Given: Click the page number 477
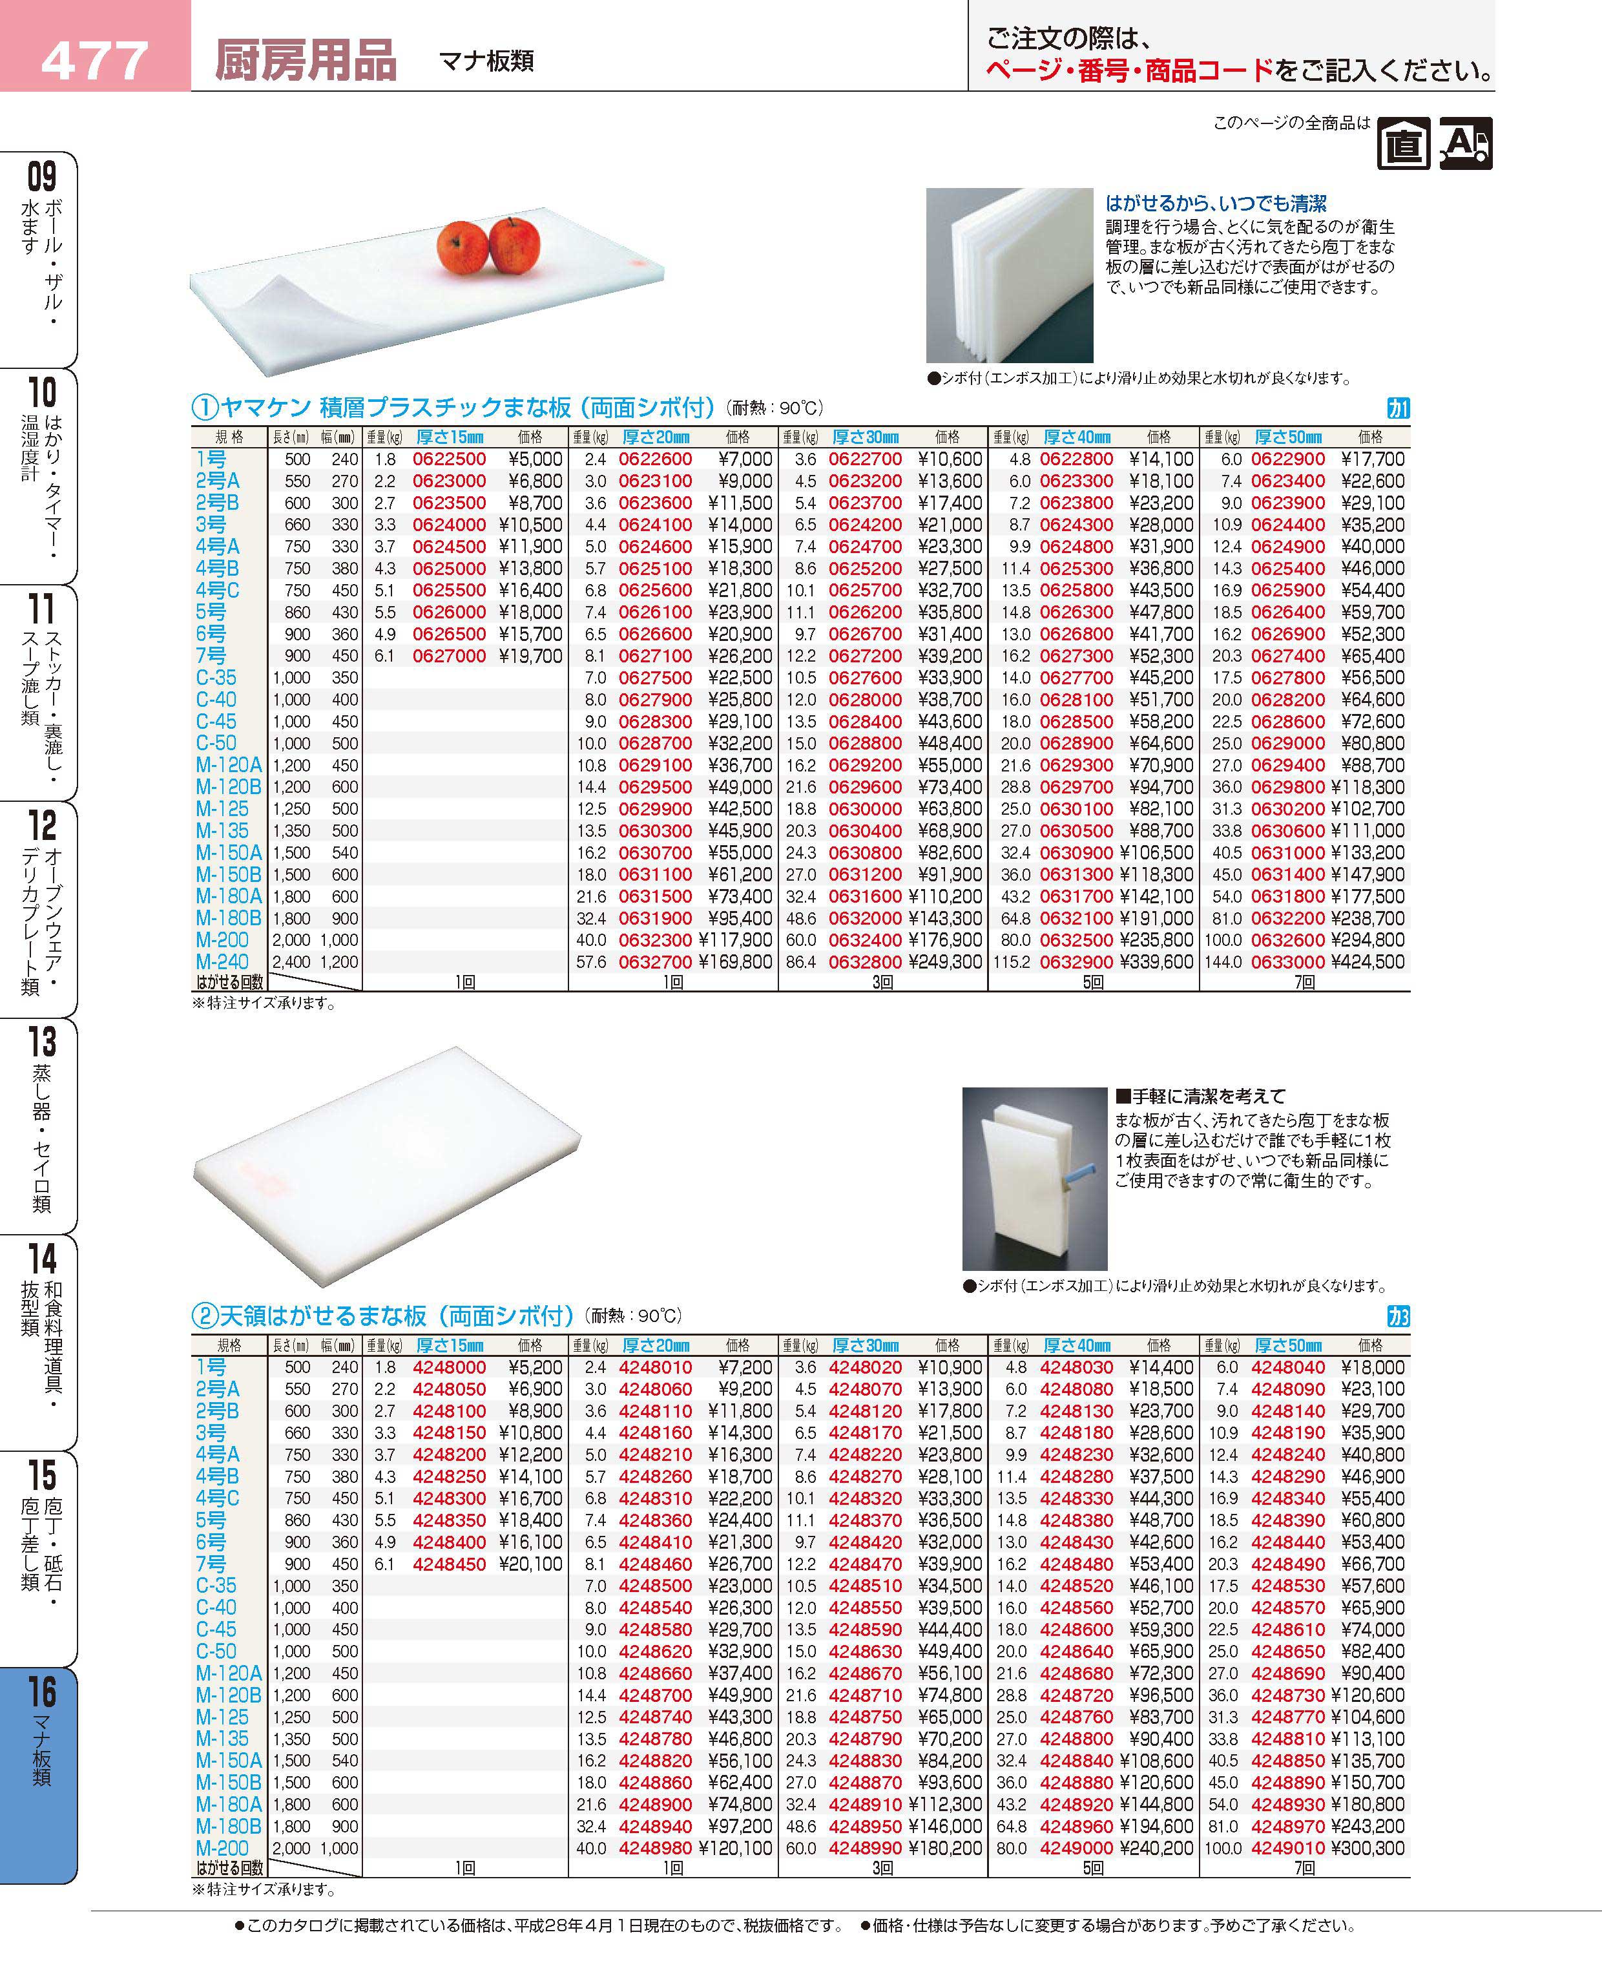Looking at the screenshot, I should (x=95, y=60).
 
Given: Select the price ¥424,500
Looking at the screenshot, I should (x=1369, y=961).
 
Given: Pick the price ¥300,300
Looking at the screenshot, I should (x=1369, y=1849).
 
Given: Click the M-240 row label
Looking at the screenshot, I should (x=222, y=961).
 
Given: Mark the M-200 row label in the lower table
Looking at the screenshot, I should (x=222, y=1849).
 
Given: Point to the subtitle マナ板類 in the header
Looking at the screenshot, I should (x=486, y=62).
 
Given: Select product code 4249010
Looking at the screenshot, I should (x=1288, y=1849).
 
